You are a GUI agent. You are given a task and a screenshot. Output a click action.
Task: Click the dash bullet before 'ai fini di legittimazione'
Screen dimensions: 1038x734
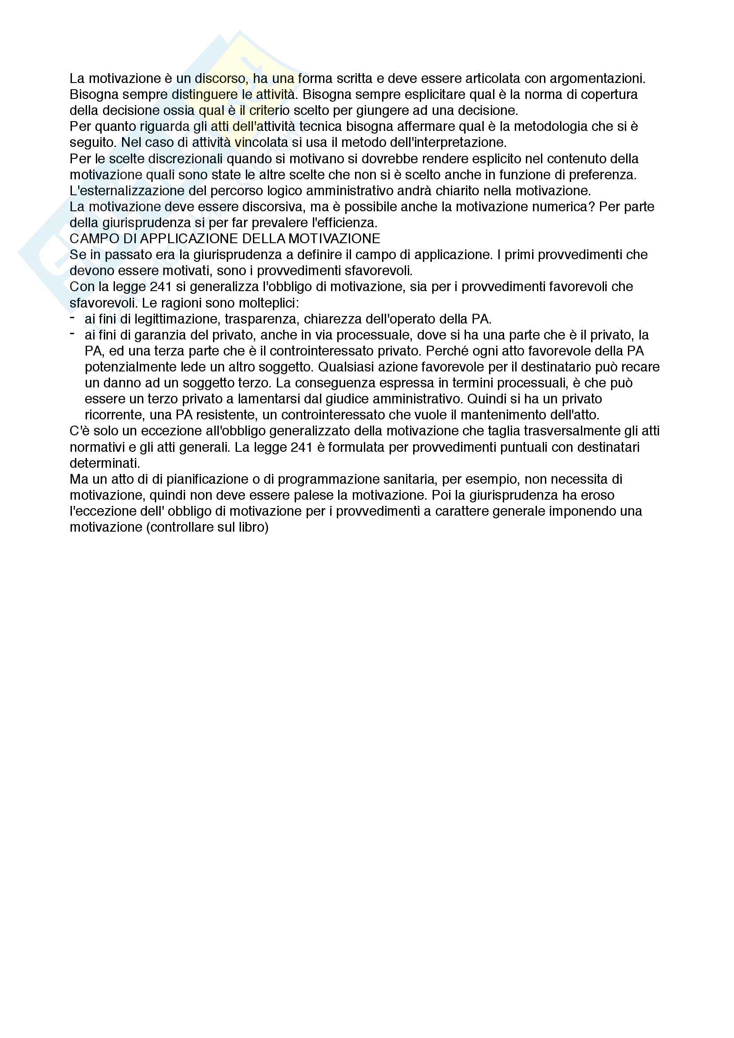[x=72, y=317]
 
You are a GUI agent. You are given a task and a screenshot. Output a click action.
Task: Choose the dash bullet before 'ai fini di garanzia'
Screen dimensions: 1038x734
[x=72, y=333]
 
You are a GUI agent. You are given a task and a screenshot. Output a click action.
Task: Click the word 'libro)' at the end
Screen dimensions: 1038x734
[x=253, y=527]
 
